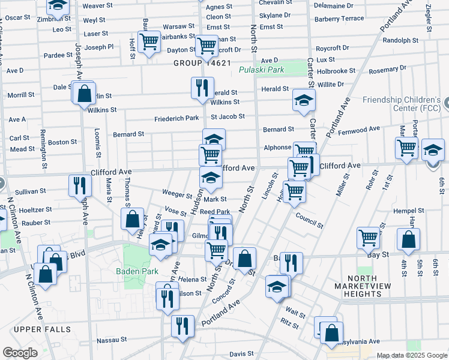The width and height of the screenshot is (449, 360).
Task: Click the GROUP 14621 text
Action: pyautogui.click(x=202, y=63)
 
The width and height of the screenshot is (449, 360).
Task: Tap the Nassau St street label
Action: pyautogui.click(x=112, y=340)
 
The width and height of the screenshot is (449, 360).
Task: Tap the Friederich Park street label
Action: pyautogui.click(x=176, y=118)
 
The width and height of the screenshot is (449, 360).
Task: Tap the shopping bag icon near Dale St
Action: pyautogui.click(x=85, y=94)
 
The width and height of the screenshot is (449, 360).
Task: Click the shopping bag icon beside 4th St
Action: pyautogui.click(x=409, y=239)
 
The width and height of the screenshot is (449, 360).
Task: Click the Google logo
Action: pyautogui.click(x=20, y=353)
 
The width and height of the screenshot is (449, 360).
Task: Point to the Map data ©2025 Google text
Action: pyautogui.click(x=411, y=355)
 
